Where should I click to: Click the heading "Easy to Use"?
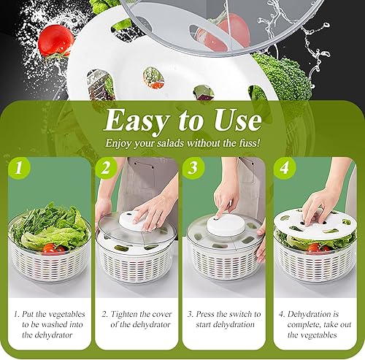pos(182,120)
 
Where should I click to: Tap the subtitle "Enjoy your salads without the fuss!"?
pos(182,144)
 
